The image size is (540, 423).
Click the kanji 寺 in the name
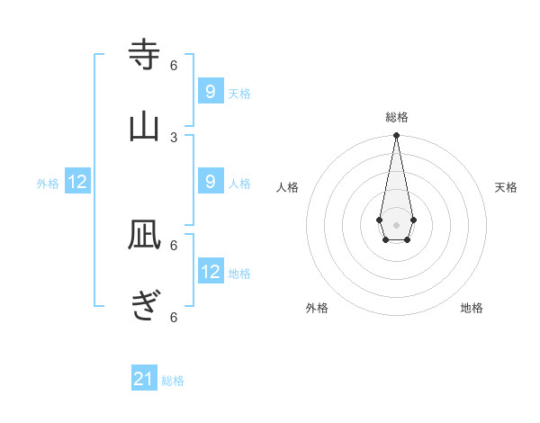click(x=144, y=55)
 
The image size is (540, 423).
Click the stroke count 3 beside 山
click(x=174, y=137)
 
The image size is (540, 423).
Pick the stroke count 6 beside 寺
click(x=174, y=65)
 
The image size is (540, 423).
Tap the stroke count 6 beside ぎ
click(x=174, y=317)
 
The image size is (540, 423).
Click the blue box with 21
click(x=143, y=379)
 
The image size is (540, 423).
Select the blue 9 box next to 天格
click(x=210, y=91)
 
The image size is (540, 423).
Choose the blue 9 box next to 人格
click(x=210, y=181)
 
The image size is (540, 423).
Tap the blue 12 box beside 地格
click(x=210, y=271)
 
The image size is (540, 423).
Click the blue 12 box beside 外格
click(x=77, y=182)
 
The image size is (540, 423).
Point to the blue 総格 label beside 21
click(x=173, y=381)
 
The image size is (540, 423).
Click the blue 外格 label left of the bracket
click(x=48, y=184)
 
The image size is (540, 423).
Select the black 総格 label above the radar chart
click(x=396, y=117)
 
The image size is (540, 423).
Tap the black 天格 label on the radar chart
click(x=506, y=187)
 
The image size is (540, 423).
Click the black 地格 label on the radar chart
click(x=472, y=308)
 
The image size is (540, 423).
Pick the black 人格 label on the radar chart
click(x=287, y=187)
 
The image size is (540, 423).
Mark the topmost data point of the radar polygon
click(x=396, y=136)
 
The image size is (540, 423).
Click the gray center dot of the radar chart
click(x=396, y=223)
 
